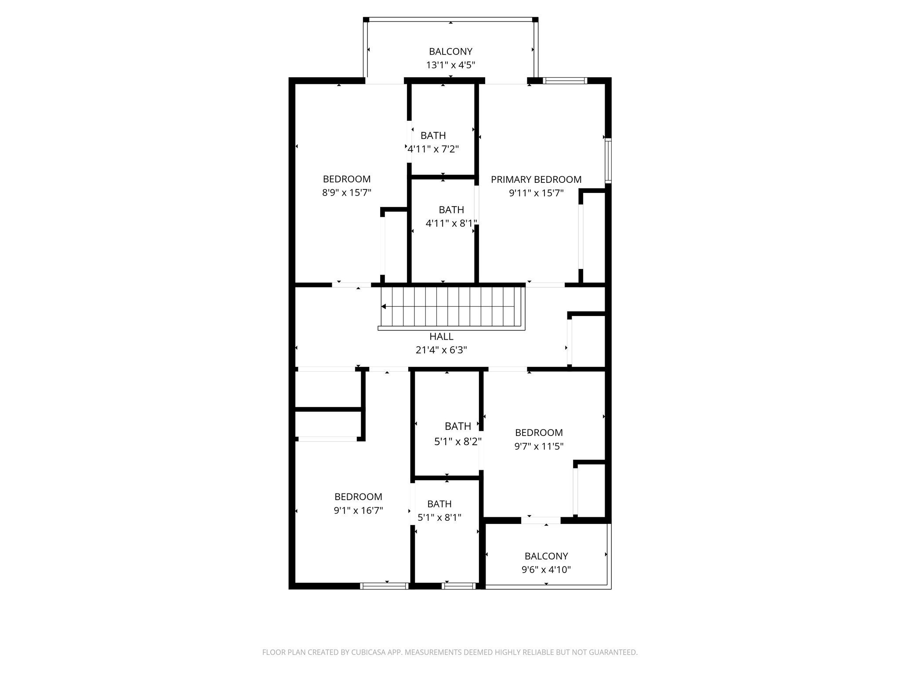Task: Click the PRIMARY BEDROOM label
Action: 536,179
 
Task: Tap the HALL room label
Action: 441,337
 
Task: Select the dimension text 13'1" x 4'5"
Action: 450,65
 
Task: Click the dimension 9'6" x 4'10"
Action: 546,570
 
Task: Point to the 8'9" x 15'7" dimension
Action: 347,192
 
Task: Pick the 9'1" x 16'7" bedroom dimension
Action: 358,511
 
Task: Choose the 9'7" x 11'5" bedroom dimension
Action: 539,446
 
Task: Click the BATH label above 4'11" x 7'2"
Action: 433,135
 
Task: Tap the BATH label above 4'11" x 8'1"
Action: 451,210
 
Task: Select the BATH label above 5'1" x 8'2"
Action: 458,426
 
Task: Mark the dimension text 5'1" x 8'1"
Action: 439,518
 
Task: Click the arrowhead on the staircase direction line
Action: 384,306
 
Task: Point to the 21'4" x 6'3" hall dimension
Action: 441,350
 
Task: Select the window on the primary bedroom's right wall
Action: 608,160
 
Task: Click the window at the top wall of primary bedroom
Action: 565,80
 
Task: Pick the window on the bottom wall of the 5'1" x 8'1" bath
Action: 458,586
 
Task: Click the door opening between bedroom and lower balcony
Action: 541,520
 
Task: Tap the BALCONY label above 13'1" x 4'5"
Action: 450,51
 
